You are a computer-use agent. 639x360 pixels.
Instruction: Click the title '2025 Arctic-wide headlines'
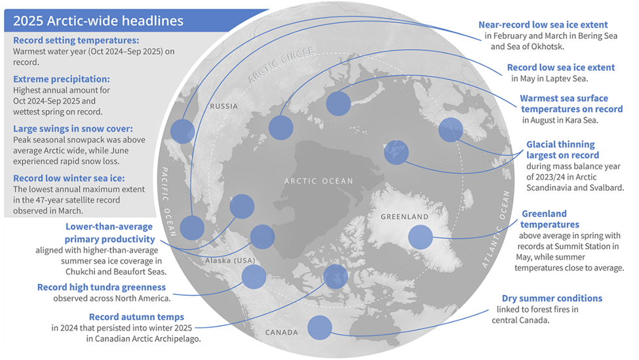click(98, 20)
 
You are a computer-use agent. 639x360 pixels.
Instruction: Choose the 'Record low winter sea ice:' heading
click(69, 178)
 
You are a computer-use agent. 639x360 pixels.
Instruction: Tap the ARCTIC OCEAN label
click(319, 181)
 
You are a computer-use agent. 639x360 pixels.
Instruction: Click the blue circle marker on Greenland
click(421, 237)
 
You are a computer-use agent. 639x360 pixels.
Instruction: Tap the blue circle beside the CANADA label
click(319, 327)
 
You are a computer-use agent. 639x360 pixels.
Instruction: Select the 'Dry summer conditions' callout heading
click(552, 298)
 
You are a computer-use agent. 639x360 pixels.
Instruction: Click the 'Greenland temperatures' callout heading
click(545, 219)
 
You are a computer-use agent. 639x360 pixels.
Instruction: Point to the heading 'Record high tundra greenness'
click(102, 287)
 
